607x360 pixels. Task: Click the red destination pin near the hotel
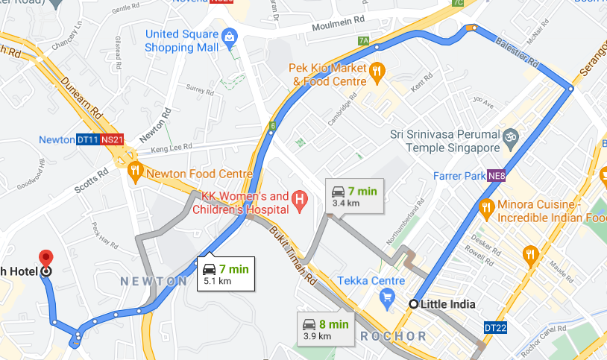(x=46, y=259)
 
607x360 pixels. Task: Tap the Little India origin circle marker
(x=414, y=303)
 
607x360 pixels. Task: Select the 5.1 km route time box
(x=225, y=274)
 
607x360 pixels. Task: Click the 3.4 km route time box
(x=354, y=196)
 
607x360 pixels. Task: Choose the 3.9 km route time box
(x=325, y=329)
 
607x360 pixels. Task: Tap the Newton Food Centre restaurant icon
(x=135, y=171)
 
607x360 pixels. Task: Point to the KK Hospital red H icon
(x=299, y=199)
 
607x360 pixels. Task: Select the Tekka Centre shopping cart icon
(x=387, y=299)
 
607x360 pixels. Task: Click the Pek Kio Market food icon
(x=377, y=72)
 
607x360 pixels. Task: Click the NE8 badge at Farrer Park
(x=496, y=177)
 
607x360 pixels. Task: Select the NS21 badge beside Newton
(x=111, y=139)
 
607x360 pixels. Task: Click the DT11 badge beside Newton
(x=87, y=139)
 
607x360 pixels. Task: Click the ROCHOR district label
(x=393, y=336)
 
